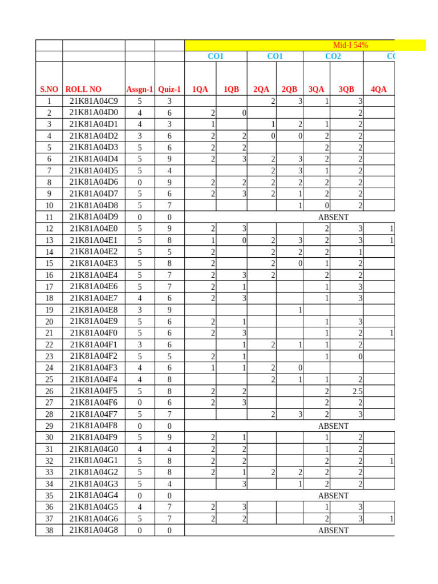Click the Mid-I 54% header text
point(350,45)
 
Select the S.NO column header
point(49,89)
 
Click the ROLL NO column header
point(83,89)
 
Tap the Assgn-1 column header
point(140,89)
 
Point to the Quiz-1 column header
point(169,89)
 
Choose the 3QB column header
point(346,89)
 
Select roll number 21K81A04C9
point(94,101)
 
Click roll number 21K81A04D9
point(94,217)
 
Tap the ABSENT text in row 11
point(333,217)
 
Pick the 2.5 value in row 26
point(357,391)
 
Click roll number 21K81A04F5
point(94,391)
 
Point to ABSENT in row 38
point(333,530)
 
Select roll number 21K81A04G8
point(94,530)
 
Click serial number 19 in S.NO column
point(49,310)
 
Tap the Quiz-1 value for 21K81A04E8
point(169,310)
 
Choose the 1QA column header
point(200,89)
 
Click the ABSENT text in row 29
point(333,426)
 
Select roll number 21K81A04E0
point(94,228)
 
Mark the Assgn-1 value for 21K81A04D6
point(140,182)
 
